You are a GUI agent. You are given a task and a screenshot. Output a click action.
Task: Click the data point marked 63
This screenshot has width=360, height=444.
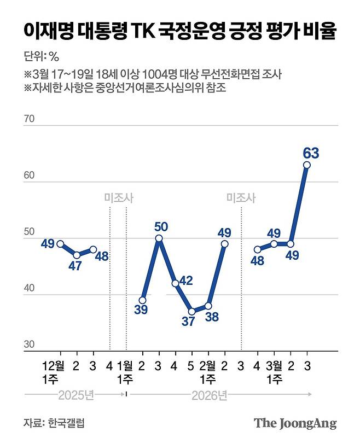tap(307, 165)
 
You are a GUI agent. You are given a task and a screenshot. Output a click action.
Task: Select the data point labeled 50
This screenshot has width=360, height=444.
tap(159, 238)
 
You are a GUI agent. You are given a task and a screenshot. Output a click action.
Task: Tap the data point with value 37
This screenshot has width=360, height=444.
tap(191, 311)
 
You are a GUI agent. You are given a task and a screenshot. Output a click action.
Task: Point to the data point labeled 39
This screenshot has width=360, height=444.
tap(142, 300)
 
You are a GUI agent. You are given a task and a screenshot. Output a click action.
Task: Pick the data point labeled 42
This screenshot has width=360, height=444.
tap(175, 283)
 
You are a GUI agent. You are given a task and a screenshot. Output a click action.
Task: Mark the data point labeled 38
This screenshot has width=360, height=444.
tap(208, 306)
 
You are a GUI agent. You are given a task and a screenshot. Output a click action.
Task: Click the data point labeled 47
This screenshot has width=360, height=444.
tap(76, 255)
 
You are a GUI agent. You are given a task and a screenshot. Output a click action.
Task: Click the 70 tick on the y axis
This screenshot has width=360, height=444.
tap(29, 119)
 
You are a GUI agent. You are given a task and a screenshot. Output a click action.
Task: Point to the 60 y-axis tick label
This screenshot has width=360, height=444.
tap(29, 175)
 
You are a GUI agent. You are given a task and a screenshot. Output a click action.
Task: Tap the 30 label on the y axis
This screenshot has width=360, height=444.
tap(29, 344)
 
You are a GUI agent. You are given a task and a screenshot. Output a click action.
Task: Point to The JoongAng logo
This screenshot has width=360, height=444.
tap(295, 423)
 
